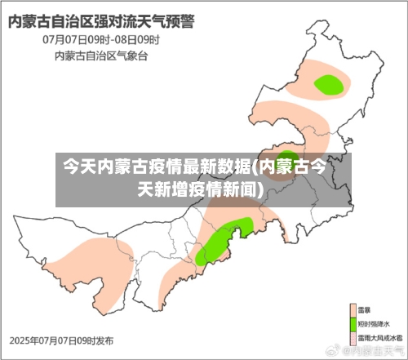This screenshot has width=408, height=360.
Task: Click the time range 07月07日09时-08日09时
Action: tap(100, 39)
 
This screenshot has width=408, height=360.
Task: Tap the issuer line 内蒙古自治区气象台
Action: tap(101, 56)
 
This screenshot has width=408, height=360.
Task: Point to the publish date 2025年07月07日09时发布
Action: tap(62, 340)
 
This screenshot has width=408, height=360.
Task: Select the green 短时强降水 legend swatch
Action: tap(354, 324)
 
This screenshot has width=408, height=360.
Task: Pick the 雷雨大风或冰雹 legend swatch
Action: tap(354, 337)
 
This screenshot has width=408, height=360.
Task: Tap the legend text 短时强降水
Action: tap(377, 324)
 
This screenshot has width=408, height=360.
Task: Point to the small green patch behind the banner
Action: tap(287, 158)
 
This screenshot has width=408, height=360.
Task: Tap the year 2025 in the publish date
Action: tap(20, 340)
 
